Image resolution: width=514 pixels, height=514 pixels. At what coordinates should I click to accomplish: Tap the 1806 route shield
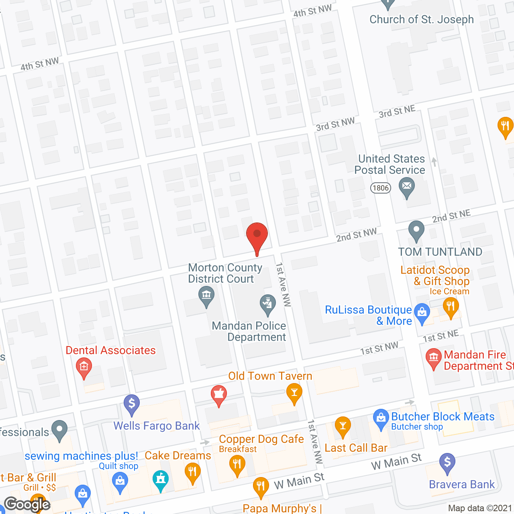(380, 188)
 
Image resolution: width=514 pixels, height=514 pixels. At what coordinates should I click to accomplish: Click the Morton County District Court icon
(206, 296)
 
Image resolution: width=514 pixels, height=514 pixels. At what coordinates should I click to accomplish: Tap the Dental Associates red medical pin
(84, 367)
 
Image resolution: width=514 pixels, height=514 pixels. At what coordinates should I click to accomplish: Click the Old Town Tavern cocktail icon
(294, 392)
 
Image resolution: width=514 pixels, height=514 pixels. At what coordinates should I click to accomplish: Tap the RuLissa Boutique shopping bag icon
(422, 313)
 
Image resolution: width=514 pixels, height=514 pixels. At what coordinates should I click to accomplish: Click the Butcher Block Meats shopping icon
(381, 418)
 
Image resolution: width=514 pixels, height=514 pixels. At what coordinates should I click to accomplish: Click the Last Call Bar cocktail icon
(343, 426)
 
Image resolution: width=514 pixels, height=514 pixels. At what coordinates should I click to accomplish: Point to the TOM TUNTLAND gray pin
(416, 230)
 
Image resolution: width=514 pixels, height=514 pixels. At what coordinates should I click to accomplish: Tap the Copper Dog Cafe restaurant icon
(237, 465)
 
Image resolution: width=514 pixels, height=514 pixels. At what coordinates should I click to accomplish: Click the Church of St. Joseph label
(421, 19)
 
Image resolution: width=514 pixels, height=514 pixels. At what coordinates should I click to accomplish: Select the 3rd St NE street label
(397, 112)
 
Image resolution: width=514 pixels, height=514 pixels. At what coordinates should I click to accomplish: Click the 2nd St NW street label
(356, 235)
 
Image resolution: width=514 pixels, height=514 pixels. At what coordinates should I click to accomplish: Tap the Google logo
(27, 504)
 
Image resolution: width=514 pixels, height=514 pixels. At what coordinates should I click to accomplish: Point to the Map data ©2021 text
(480, 508)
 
